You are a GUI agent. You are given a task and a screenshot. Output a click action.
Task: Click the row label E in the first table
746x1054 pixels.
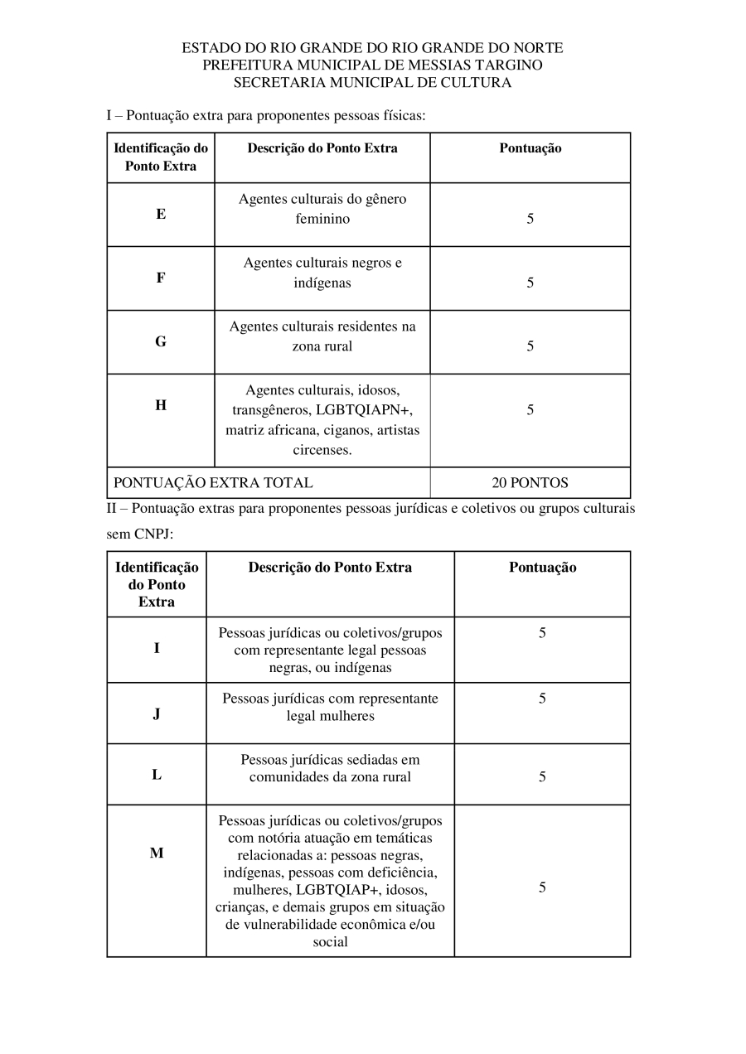(x=161, y=214)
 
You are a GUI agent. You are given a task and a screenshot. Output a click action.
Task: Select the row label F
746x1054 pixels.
(x=161, y=278)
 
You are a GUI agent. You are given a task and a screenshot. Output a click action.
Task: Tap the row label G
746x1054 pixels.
(x=161, y=341)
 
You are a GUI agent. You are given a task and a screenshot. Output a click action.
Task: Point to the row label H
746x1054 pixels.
(x=161, y=405)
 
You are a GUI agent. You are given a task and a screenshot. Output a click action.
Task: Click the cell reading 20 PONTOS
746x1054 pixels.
(x=530, y=482)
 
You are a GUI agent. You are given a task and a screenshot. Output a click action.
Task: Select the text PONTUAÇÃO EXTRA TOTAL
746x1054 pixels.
(x=213, y=482)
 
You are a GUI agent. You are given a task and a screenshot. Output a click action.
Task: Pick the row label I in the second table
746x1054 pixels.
(x=157, y=648)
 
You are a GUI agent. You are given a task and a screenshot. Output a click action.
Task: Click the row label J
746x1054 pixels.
(x=157, y=713)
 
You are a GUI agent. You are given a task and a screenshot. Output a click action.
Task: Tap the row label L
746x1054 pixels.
(x=157, y=775)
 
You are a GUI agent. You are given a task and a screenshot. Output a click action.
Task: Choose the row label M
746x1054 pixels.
(x=157, y=853)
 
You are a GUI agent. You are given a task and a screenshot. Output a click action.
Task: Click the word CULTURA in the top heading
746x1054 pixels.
(x=474, y=82)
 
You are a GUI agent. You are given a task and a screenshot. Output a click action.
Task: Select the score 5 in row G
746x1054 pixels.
(x=530, y=346)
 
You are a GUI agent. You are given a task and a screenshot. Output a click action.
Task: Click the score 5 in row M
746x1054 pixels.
(x=542, y=887)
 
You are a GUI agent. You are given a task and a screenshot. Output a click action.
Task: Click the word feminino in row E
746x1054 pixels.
(x=322, y=219)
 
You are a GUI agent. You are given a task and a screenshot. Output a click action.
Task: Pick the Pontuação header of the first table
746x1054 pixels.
(x=530, y=148)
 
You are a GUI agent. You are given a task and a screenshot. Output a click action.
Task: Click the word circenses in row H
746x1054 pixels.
(x=322, y=450)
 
